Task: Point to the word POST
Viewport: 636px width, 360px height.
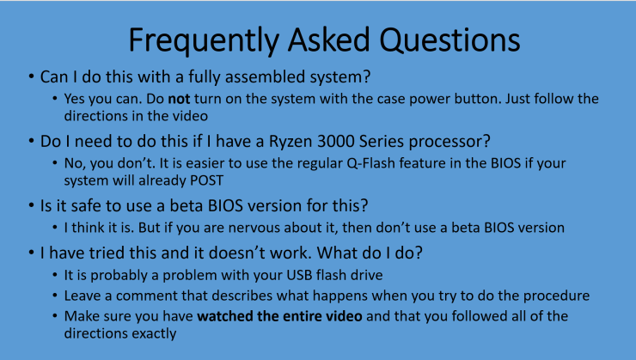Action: [226, 181]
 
